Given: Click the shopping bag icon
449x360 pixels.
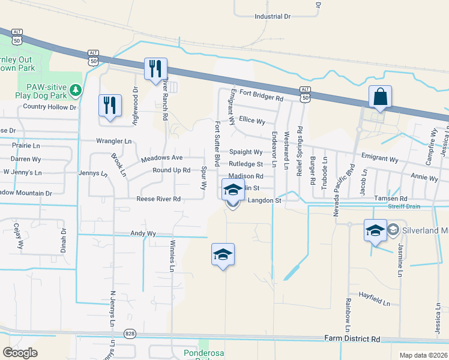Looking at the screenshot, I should point(381,97).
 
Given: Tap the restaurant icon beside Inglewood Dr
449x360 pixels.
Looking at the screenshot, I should point(110,106).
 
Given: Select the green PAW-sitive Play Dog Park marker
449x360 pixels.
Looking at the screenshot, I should point(75,90).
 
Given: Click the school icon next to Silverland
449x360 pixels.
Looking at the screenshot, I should point(375,230).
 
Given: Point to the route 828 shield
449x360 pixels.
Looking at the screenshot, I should point(130,333).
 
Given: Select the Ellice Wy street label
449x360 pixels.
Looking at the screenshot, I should point(252,121).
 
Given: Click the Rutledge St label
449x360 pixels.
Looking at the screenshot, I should point(246,164).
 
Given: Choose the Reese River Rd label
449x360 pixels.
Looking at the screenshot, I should point(158,199).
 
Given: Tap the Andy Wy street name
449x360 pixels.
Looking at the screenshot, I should point(143,233).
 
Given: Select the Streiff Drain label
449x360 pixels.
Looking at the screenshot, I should point(405,206).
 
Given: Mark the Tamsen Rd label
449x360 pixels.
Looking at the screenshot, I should point(390,199).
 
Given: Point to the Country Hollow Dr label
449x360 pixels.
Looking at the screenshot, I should point(50,107).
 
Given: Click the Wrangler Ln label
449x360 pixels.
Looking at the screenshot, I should point(113,141).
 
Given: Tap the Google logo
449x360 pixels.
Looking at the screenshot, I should point(20,353).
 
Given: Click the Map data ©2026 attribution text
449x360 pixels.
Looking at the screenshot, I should point(423,355).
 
